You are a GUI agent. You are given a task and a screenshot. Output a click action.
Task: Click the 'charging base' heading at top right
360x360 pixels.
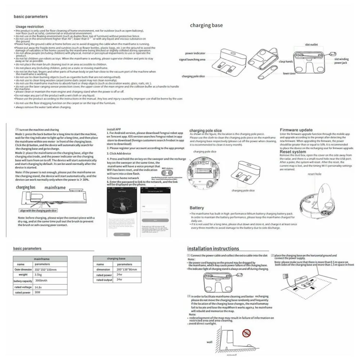pyautogui.click(x=206, y=26)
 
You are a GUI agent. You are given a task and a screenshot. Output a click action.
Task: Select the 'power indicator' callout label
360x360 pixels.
pyautogui.click(x=195, y=53)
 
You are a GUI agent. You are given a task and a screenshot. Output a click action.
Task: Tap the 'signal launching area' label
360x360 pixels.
pyautogui.click(x=192, y=59)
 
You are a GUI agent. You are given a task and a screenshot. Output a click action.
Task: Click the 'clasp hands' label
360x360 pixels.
pyautogui.click(x=286, y=62)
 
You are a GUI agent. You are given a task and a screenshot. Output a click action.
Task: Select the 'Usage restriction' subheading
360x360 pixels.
pyautogui.click(x=30, y=27)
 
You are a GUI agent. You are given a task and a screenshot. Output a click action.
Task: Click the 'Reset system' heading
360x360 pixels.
pyautogui.click(x=293, y=152)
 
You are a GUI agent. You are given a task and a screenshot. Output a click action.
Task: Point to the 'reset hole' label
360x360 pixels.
pyautogui.click(x=314, y=174)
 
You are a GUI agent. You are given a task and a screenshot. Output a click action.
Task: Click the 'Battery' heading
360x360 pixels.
pyautogui.click(x=197, y=208)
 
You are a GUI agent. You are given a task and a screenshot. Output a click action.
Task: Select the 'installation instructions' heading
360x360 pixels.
pyautogui.click(x=213, y=248)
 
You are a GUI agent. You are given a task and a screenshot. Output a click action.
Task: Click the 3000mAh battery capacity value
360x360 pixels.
pyautogui.click(x=42, y=281)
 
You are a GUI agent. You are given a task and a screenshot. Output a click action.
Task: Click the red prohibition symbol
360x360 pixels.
pyautogui.click(x=246, y=332)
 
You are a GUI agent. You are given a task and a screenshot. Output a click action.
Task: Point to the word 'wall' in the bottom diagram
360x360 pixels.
pyautogui.click(x=210, y=342)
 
